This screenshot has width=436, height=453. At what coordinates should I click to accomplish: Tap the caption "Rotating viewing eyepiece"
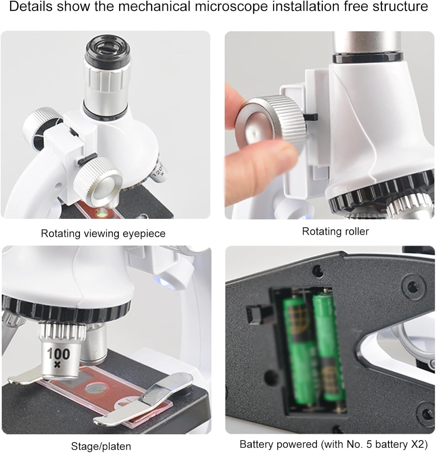[103, 234]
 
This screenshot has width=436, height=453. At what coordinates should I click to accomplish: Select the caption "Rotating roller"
[336, 231]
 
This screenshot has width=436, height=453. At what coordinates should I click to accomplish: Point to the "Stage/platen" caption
[101, 446]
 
